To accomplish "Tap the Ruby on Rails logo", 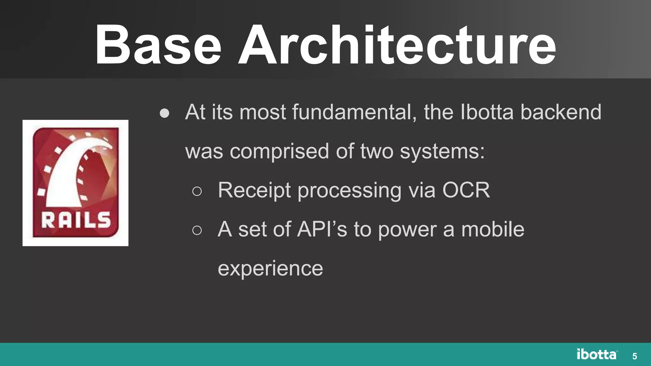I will (75, 183).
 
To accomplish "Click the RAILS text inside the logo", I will (76, 220).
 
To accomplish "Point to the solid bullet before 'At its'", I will (164, 113).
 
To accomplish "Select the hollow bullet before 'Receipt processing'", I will (197, 191).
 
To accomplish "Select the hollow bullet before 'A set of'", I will (197, 230).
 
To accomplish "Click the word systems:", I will (442, 152).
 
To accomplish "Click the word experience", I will (270, 269).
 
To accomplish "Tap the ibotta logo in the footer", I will (597, 355).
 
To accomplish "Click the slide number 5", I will (634, 356).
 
